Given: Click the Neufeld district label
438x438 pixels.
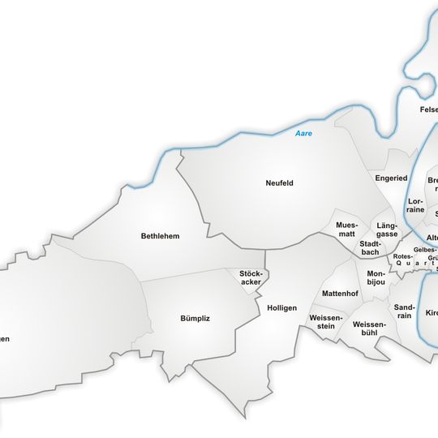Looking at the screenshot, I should pos(279,182).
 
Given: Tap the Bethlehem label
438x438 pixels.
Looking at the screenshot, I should pos(160,236).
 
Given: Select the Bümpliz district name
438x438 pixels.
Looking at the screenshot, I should pos(195,318).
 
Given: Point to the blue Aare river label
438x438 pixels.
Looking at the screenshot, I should pos(303,133).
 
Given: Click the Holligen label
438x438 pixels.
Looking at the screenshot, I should pos(281,308).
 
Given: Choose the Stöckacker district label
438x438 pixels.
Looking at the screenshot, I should pos(251,277).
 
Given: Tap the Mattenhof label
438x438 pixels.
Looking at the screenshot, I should pos(340,293).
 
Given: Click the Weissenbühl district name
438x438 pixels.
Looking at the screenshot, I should pos(370,328).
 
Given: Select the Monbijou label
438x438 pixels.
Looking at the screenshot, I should pos(376,278).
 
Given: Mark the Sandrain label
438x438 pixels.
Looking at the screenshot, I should pos(404,312).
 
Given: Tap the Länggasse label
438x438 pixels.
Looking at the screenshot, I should pos(387,230).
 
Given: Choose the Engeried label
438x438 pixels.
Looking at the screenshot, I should pos(391,178).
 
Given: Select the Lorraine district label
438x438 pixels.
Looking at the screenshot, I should pos(415,204).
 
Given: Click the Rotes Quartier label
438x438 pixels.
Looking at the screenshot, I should pos(403,260).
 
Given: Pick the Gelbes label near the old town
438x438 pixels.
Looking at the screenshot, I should pos(424,250).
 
